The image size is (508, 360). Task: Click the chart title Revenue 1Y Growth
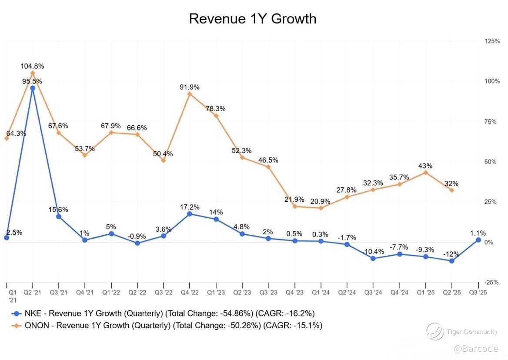pos(253,19)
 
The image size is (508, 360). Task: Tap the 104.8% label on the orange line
pos(33,66)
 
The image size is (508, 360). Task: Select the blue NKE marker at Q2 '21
pos(33,88)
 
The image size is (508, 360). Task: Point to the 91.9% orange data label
pos(190,87)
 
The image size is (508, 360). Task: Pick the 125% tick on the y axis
pos(492,41)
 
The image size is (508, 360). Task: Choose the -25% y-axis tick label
pos(492,282)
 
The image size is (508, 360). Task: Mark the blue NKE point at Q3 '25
pos(478,240)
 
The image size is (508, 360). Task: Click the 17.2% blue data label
pos(190,207)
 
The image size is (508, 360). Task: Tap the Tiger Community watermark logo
pos(435,332)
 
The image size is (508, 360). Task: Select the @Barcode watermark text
pos(477,349)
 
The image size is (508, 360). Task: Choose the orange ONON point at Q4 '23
pos(295,206)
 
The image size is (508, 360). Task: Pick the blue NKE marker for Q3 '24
pos(373,258)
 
